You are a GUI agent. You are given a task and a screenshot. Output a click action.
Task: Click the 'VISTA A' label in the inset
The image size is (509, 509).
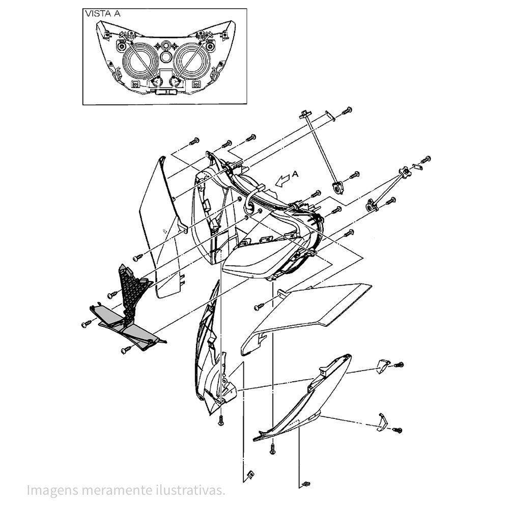(x=103, y=14)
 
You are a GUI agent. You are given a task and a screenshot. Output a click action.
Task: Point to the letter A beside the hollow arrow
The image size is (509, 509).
(x=295, y=174)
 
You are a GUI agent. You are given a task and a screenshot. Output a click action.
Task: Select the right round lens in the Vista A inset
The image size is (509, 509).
(x=192, y=62)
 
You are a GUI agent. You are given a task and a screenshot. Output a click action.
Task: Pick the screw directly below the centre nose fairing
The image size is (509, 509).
(x=221, y=420)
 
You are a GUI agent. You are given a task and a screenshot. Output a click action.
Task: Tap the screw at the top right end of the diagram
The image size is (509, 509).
(x=347, y=110)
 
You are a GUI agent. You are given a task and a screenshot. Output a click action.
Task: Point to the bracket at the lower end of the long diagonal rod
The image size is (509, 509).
(x=337, y=188)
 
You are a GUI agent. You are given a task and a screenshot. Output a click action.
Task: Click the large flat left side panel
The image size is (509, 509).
(x=161, y=227)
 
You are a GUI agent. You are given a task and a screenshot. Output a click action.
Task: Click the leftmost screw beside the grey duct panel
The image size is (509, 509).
(x=87, y=324)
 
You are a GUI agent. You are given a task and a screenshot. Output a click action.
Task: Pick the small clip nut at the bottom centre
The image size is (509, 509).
(x=250, y=474)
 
